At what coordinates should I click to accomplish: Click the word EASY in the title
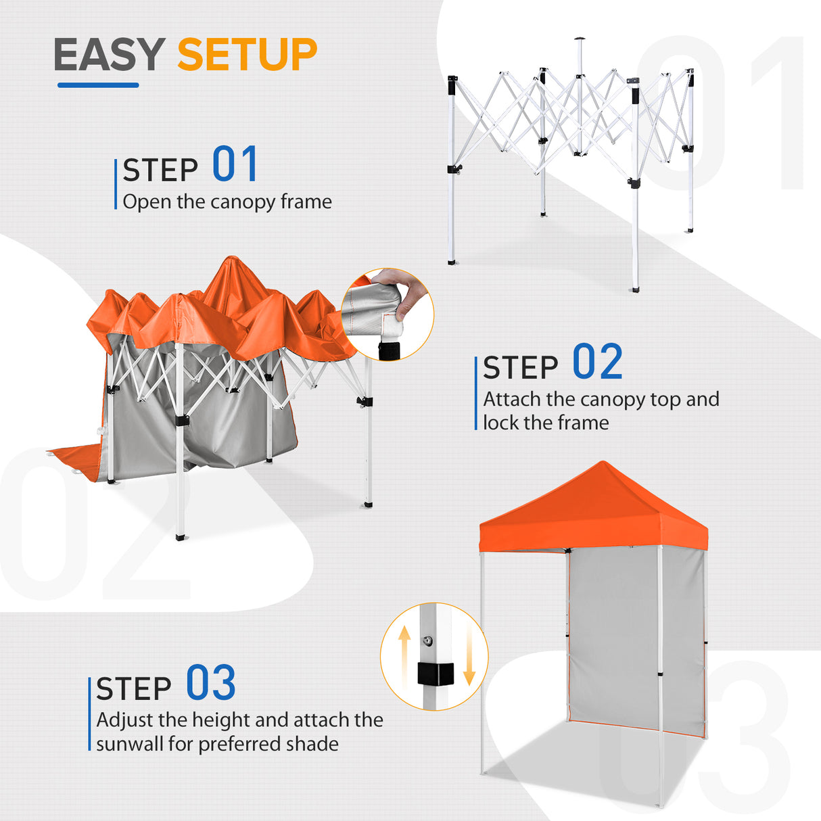click(x=109, y=55)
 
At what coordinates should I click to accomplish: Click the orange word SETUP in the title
click(x=247, y=55)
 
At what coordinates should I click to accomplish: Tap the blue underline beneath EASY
click(x=98, y=85)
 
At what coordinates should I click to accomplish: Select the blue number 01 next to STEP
click(x=235, y=164)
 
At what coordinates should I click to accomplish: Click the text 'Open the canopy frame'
click(x=227, y=202)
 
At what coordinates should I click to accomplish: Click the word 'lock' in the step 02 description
click(x=501, y=423)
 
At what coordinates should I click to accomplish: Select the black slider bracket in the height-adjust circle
click(x=434, y=674)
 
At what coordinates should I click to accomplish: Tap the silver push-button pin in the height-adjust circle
click(x=428, y=640)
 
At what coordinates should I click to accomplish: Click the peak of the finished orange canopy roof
click(x=601, y=465)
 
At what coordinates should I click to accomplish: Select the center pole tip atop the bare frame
click(x=578, y=41)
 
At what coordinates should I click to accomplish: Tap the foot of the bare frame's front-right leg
click(x=634, y=288)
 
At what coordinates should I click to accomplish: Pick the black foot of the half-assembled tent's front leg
click(x=180, y=536)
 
